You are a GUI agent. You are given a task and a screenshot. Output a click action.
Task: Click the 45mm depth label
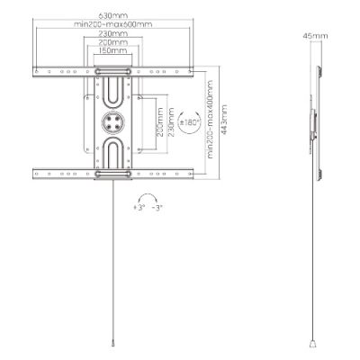point(316,35)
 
